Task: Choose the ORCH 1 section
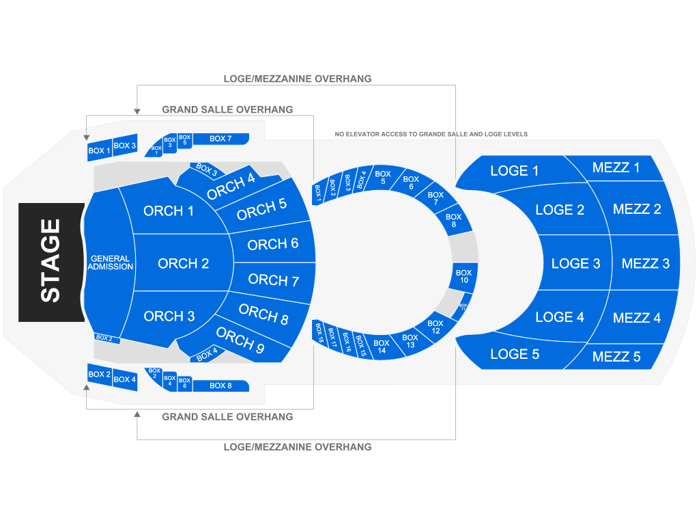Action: pos(169,211)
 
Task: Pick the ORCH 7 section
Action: pos(273,280)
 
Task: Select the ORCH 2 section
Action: pos(183,263)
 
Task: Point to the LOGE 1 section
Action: pos(514,171)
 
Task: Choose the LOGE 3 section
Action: pos(575,263)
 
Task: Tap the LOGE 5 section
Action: pos(514,354)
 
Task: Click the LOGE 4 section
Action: pos(560,317)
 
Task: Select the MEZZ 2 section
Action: pos(637,209)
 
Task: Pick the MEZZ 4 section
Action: pos(637,317)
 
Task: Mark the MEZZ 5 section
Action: pos(616,356)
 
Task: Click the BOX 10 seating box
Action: pos(463,277)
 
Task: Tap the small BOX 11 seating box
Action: pos(462,306)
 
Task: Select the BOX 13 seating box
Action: pos(410,341)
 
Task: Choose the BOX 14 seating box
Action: pos(381,347)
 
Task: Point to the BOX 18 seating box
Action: pos(319,332)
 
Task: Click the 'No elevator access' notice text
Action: pos(431,134)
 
